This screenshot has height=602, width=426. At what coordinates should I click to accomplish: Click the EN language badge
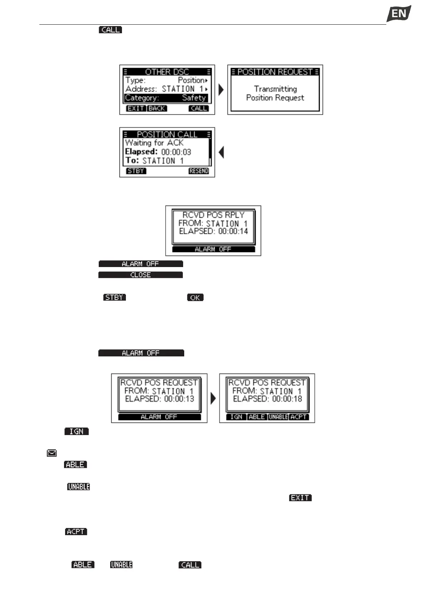(x=398, y=14)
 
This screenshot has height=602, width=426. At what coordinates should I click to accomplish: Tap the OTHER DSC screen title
(x=167, y=71)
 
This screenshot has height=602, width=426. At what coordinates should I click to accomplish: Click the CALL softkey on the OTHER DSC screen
(x=199, y=108)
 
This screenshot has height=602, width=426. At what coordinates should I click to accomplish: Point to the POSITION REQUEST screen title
(x=275, y=72)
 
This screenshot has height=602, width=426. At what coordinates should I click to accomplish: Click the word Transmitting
(x=275, y=89)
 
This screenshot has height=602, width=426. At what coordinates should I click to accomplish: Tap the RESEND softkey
(x=199, y=171)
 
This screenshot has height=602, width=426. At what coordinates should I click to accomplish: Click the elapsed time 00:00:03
(x=176, y=152)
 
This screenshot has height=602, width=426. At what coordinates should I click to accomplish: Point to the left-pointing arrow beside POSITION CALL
(x=221, y=152)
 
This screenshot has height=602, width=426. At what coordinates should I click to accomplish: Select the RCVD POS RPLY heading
(x=213, y=215)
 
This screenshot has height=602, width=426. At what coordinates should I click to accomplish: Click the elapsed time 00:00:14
(x=233, y=231)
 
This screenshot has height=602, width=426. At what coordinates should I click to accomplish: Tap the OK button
(x=195, y=297)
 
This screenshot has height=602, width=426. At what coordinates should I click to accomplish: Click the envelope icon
(x=52, y=453)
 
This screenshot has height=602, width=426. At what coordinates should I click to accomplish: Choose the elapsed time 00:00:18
(x=287, y=399)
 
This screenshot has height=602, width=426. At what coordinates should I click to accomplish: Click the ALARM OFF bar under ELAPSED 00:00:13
(x=159, y=417)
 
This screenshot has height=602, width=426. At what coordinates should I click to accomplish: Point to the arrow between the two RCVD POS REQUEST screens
(x=213, y=398)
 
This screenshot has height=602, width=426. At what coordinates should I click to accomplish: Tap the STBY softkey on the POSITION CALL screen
(x=136, y=171)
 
